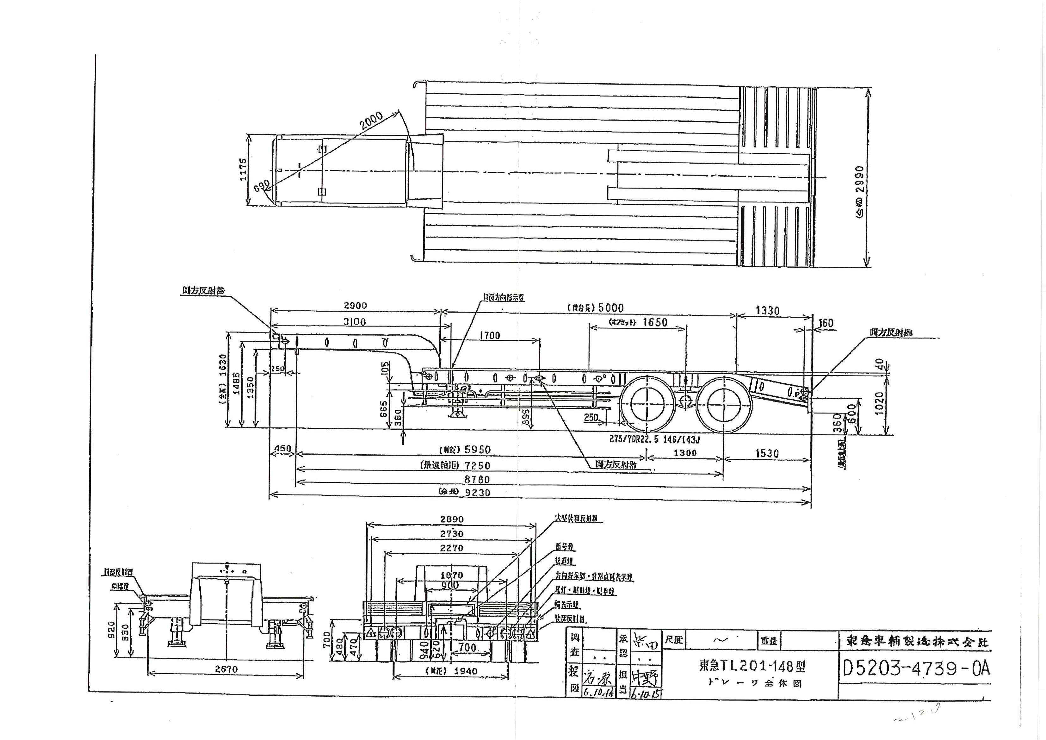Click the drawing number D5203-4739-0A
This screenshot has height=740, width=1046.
point(916,668)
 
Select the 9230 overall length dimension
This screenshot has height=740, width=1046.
point(477,493)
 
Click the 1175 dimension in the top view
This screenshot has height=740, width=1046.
point(243,169)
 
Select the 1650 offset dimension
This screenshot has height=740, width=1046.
point(655,322)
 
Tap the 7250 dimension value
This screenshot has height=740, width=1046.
point(477,465)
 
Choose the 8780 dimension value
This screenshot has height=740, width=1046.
point(477,479)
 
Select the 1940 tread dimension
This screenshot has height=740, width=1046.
point(466,671)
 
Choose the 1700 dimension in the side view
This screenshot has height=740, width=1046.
point(490,335)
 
